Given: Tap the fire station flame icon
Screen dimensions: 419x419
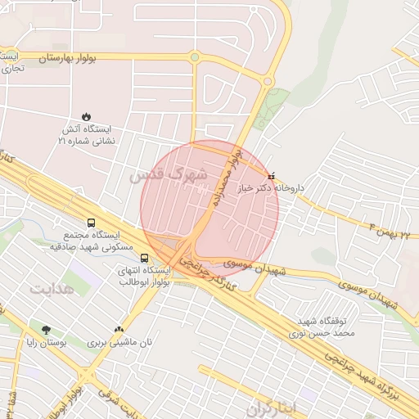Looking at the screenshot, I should (x=87, y=116).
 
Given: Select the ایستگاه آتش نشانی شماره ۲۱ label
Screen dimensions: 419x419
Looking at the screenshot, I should (x=86, y=135).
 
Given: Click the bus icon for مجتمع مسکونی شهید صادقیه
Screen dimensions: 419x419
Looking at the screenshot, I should (x=90, y=223).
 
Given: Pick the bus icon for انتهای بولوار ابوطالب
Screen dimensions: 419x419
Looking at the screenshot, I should (x=145, y=258).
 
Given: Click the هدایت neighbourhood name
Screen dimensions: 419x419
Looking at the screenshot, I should (x=52, y=288).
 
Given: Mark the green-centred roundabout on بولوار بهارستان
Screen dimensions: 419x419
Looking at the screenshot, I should (x=195, y=57).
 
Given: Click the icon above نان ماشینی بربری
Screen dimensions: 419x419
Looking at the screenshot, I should (x=120, y=329).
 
